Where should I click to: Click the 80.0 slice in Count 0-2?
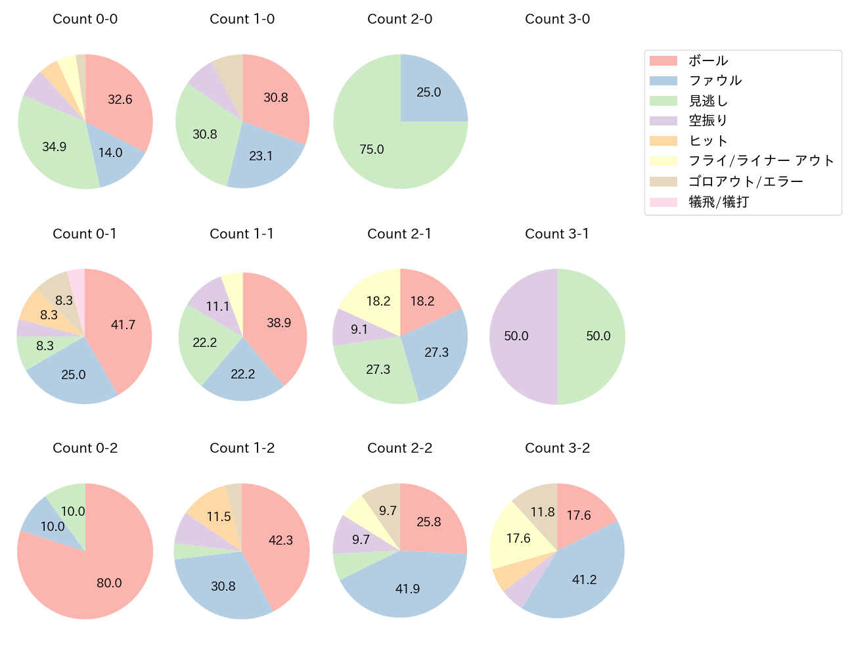99,578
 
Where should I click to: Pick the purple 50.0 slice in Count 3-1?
519,336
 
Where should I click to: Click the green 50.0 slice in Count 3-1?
595,336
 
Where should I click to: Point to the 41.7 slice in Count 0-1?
122,325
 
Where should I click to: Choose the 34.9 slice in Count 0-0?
56,146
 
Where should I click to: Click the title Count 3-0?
557,19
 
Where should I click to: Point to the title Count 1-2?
242,448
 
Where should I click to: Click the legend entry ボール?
708,60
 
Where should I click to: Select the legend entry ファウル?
715,81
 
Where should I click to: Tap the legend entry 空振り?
708,121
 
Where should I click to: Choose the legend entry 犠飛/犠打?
718,202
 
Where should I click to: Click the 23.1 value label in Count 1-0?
261,156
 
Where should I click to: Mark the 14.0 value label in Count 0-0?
110,153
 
